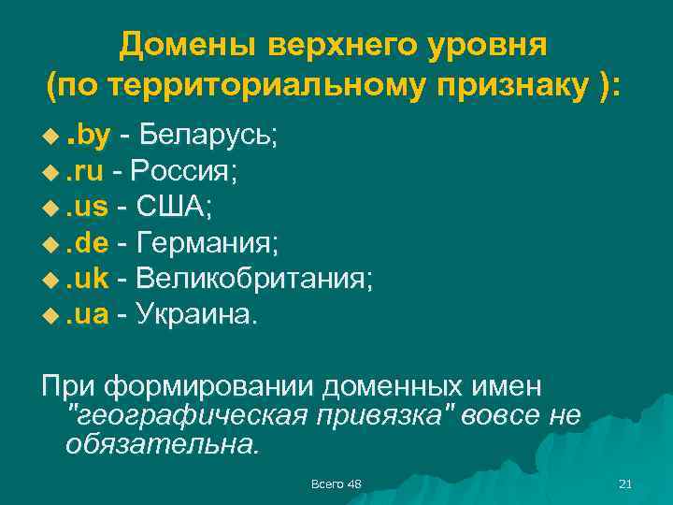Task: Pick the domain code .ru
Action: [88, 172]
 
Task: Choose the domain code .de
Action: [91, 243]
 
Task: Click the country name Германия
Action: [208, 243]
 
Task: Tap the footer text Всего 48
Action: [336, 483]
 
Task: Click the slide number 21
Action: [625, 483]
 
